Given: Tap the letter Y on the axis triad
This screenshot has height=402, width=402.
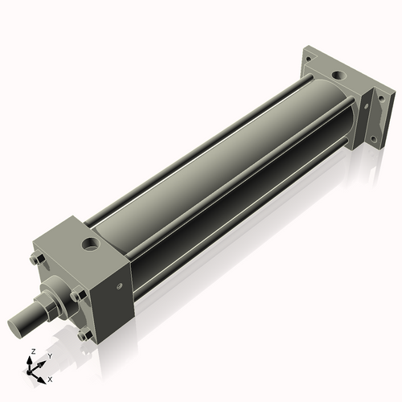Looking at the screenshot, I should click(x=49, y=355).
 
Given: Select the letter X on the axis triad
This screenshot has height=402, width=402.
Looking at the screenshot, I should click(x=50, y=378).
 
